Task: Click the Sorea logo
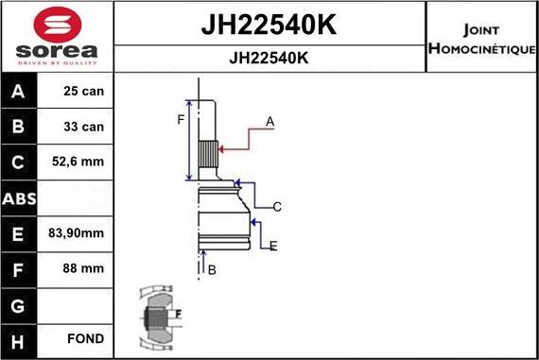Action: tap(56, 36)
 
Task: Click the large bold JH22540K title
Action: tap(269, 25)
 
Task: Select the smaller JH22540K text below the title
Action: tap(269, 57)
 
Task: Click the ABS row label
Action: tap(20, 198)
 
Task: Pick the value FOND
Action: tap(85, 338)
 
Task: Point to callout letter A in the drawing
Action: tap(269, 121)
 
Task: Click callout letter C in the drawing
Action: tap(277, 206)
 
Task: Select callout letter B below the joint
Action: tap(212, 270)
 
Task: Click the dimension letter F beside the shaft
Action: tap(180, 118)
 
